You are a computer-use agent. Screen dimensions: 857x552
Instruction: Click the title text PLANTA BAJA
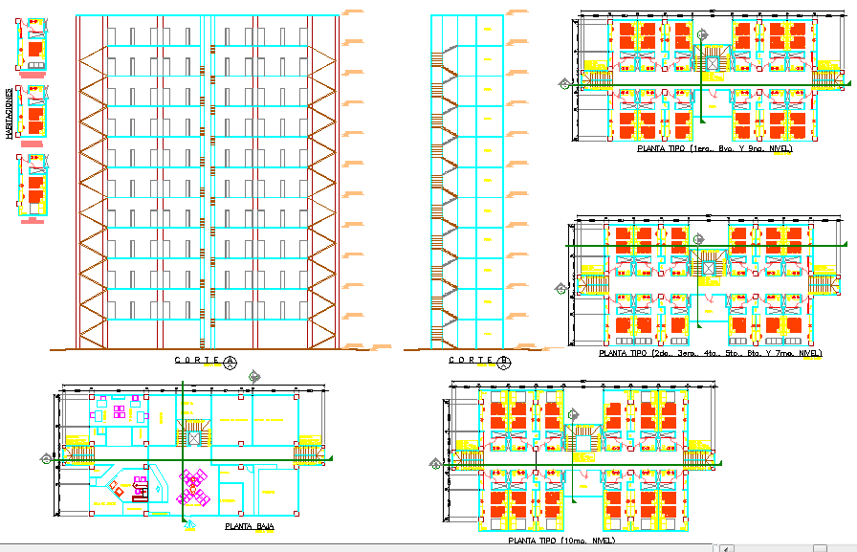coord(243,526)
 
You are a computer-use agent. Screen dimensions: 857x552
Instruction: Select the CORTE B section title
coord(472,361)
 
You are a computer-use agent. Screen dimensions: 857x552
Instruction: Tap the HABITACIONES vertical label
coord(9,114)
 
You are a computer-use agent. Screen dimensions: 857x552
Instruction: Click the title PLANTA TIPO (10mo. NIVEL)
coord(560,541)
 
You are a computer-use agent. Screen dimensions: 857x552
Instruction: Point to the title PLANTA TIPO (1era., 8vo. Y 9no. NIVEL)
coord(714,148)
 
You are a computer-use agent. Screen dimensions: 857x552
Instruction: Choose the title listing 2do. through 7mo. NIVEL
coord(710,353)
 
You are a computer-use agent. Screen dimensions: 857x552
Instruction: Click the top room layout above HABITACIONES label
coord(33,44)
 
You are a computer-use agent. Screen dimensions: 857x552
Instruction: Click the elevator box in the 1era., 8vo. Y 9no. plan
coord(712,62)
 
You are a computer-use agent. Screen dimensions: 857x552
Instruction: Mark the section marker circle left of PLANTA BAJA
coord(46,459)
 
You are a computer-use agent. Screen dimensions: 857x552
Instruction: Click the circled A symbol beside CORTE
coord(230,362)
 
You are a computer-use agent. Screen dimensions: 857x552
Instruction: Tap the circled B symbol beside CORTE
coord(504,362)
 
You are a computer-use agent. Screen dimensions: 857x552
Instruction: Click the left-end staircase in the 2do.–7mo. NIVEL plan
coord(590,285)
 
